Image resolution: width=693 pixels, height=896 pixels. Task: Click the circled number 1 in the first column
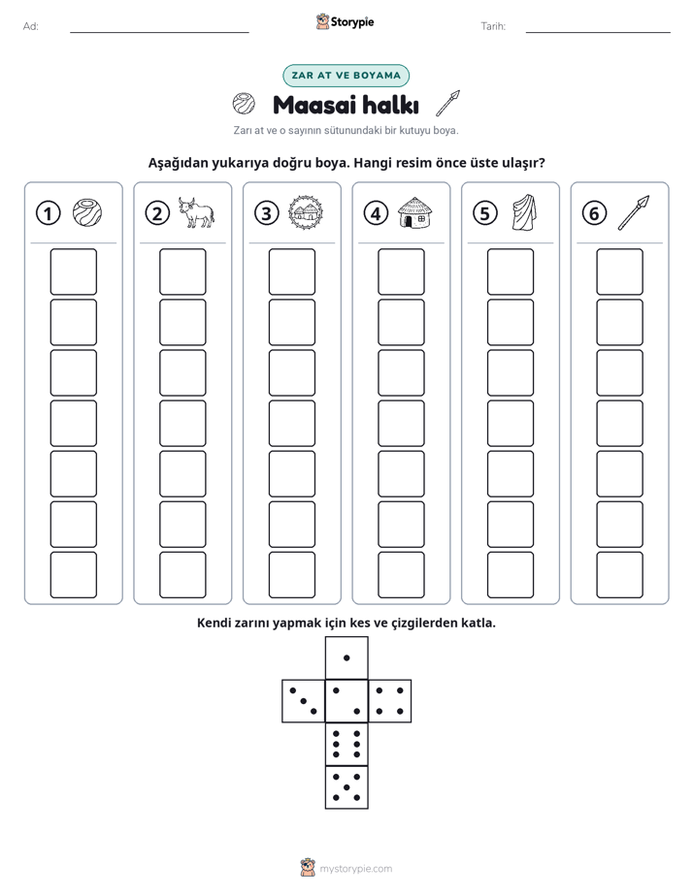point(48,213)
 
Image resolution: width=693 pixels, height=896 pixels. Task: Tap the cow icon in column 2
point(195,212)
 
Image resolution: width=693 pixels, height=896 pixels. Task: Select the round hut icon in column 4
point(414,212)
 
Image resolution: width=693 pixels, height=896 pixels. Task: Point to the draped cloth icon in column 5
point(524,212)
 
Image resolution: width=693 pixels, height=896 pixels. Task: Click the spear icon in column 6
point(634,212)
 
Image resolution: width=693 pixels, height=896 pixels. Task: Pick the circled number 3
point(267,213)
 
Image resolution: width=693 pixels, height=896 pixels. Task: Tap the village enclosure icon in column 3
point(306,212)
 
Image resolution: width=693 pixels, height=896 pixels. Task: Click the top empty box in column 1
point(73,272)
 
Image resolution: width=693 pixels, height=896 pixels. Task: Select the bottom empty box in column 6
point(619,575)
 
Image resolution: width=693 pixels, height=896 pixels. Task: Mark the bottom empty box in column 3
point(291,575)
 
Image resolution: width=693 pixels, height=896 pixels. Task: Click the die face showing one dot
point(346,658)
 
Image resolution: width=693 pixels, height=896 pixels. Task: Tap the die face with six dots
point(346,744)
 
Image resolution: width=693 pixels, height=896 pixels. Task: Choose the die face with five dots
point(346,787)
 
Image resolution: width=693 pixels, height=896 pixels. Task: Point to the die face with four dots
point(390,701)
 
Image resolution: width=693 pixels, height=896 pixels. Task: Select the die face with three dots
point(304,701)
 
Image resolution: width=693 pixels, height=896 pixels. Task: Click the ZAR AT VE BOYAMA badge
point(346,76)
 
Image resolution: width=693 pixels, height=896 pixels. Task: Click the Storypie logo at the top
point(345,21)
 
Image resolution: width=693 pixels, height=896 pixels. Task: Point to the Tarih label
point(493,26)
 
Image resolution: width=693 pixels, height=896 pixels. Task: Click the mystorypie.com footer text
point(355,869)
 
